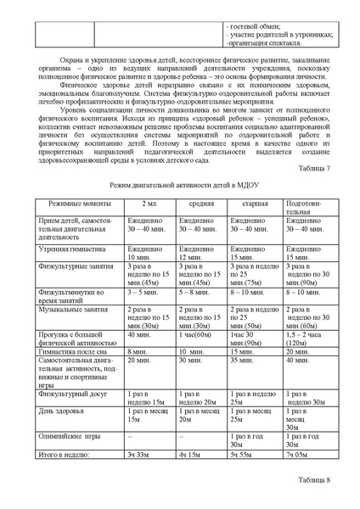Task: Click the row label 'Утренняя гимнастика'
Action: click(59, 250)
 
